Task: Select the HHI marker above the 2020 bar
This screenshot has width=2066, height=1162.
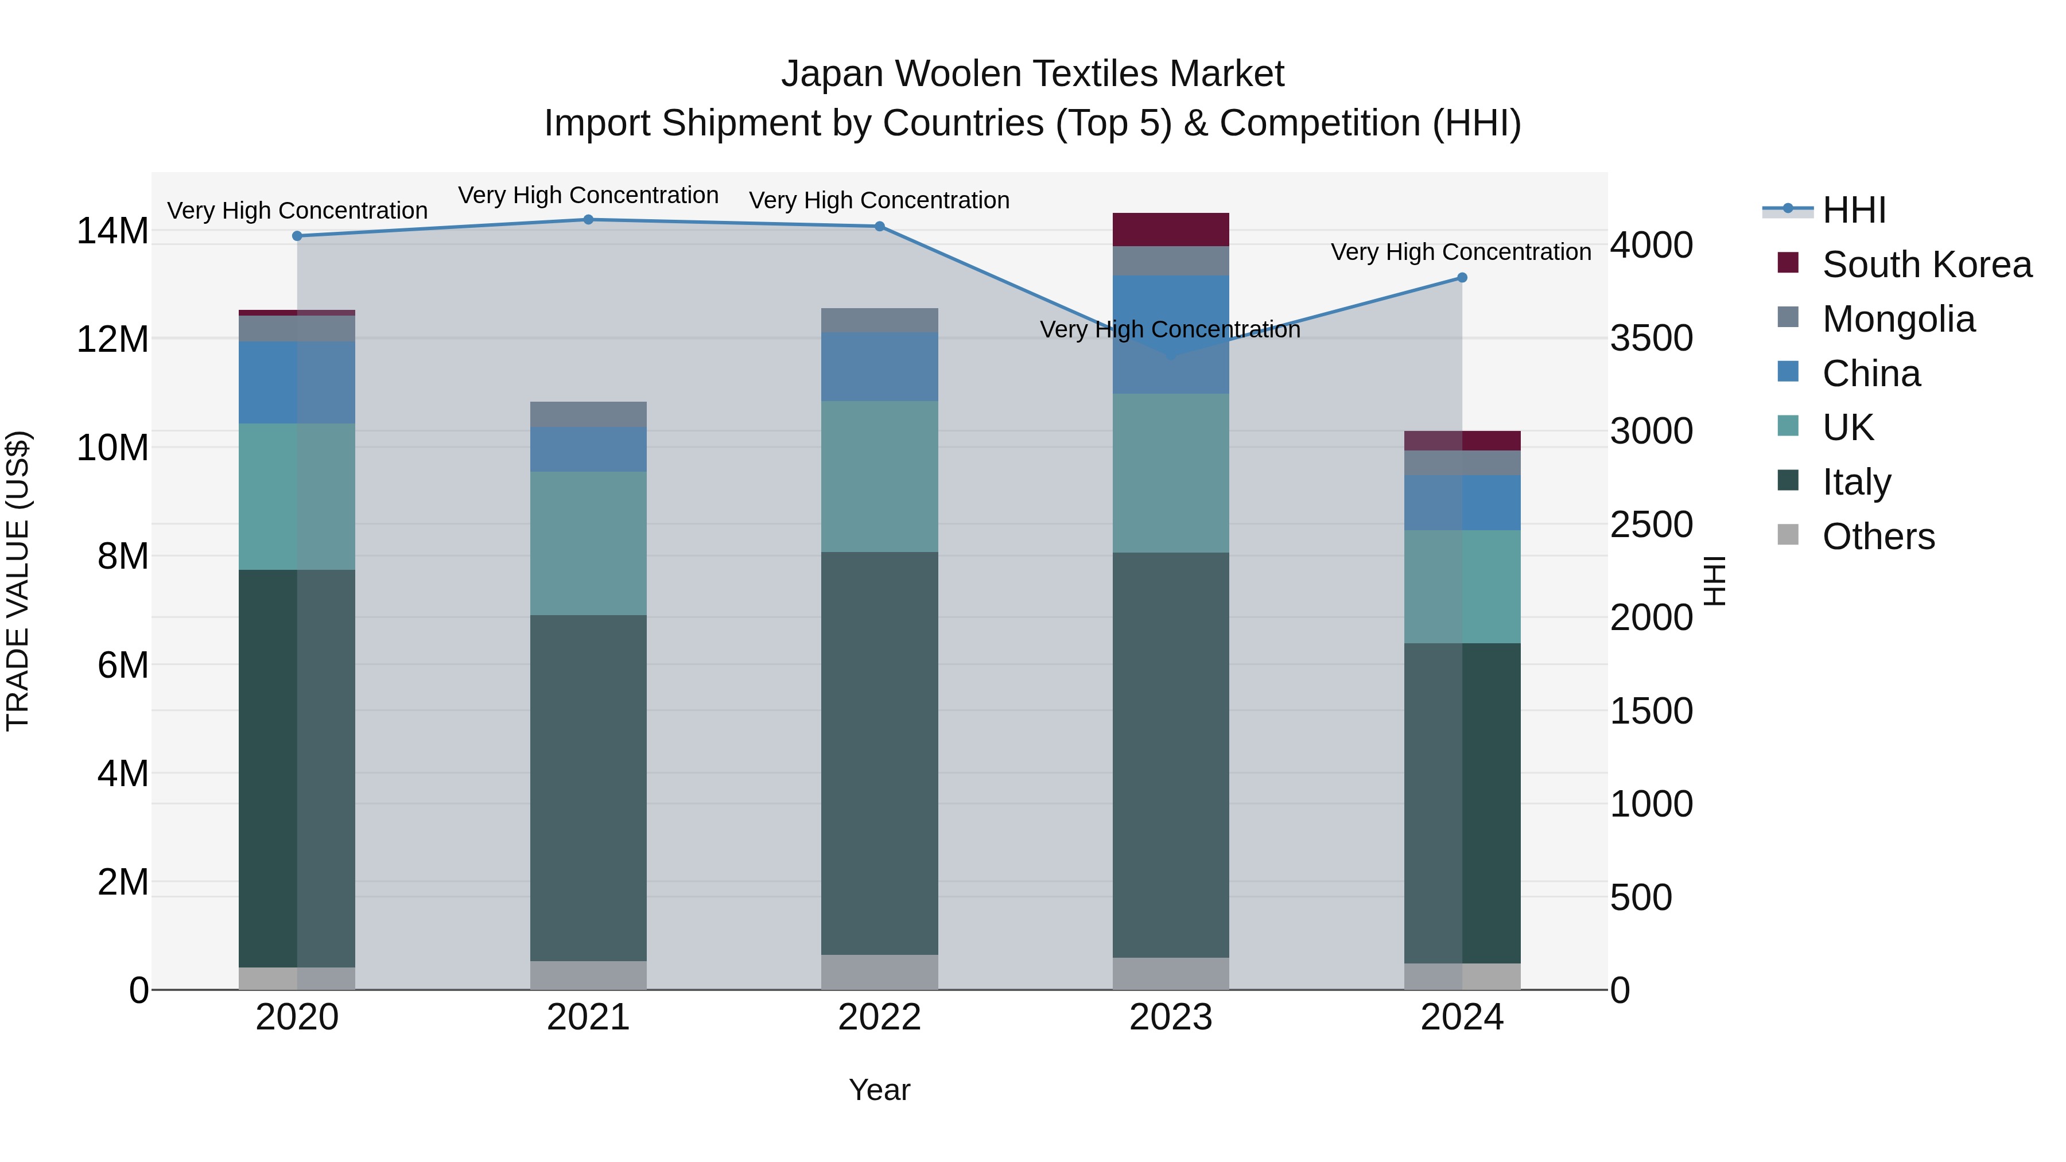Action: pos(297,236)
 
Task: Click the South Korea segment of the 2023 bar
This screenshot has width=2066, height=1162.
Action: pos(1170,230)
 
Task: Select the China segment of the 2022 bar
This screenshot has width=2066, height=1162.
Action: pos(879,367)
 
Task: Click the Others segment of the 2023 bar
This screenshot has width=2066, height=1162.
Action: pos(1170,974)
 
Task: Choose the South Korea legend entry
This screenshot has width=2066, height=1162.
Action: pos(1925,265)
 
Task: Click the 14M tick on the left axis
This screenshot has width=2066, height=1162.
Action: pos(112,231)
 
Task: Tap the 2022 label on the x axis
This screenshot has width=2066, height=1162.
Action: pos(879,1017)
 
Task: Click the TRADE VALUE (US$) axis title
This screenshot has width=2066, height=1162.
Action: pos(18,581)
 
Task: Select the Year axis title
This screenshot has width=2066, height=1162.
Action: pos(879,1090)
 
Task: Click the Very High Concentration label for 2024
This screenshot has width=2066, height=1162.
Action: pos(1461,252)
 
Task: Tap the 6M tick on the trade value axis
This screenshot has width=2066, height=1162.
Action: pos(123,665)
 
